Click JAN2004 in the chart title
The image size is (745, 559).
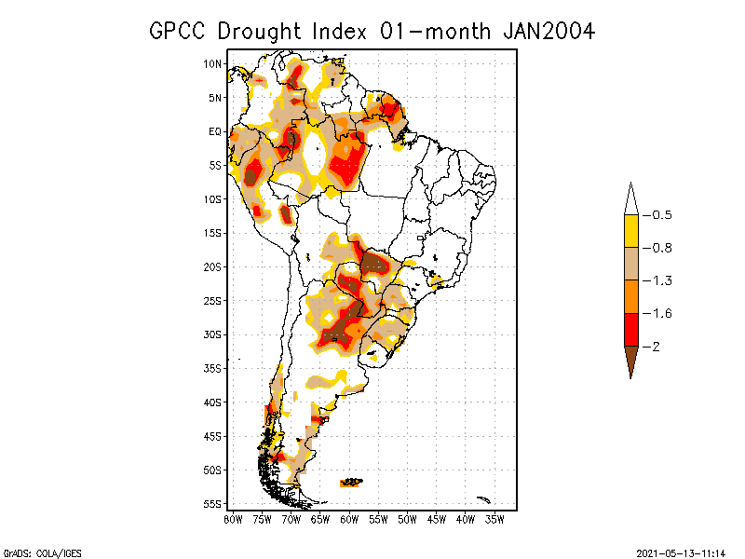coord(549,31)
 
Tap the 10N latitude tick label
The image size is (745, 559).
coord(213,63)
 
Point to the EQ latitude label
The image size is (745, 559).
coord(215,131)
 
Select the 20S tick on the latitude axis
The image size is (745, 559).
coord(213,266)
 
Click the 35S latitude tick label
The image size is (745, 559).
coord(213,368)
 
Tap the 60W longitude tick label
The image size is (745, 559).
coord(349,519)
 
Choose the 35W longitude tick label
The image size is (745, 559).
coord(494,519)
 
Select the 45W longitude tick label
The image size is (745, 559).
coord(436,519)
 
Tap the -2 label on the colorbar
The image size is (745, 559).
coord(656,347)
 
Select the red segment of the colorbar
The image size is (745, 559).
coord(630,329)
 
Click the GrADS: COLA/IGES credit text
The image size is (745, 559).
coord(36,552)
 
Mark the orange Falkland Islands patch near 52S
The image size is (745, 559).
coord(351,482)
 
